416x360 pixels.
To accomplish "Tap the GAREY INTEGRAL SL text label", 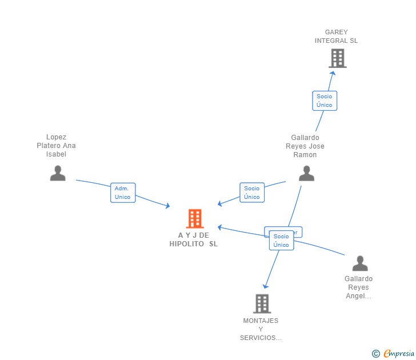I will coord(336,37).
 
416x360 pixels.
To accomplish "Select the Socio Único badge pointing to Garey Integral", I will coord(325,101).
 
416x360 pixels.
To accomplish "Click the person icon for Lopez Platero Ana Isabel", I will coord(58,173).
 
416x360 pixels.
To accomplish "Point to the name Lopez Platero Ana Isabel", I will coord(56,146).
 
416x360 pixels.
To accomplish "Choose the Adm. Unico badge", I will coord(123,193).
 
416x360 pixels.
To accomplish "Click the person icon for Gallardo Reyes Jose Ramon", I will coord(307,173).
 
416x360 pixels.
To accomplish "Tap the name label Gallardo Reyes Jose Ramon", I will coord(305,146).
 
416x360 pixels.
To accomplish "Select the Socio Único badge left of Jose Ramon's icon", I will coord(252,193).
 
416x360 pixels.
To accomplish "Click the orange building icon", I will coord(195,218).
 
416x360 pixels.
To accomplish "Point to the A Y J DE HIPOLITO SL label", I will coord(194,239).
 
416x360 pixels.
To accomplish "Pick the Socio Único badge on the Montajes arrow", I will coord(281,241).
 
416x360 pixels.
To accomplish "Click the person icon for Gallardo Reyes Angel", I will coord(360,263).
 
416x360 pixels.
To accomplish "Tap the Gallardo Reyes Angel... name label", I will coord(358,287).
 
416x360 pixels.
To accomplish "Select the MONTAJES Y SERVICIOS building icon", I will coord(262,303).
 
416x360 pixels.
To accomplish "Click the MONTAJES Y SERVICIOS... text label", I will coord(261,329).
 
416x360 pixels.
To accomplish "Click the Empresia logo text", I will coord(399,353).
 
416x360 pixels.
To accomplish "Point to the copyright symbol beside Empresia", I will coord(376,354).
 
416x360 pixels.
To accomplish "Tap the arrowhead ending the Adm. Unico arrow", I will coord(167,206).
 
